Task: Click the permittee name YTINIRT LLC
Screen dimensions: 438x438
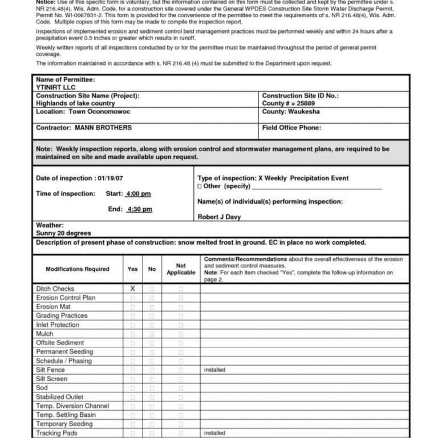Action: (55, 87)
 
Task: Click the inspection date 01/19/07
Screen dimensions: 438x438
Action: (112, 179)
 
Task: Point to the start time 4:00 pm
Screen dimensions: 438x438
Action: (139, 194)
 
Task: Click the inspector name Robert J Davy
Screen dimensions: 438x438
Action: (219, 217)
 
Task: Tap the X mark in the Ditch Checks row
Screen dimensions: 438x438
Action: (132, 289)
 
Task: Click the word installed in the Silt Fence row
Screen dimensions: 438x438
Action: (214, 370)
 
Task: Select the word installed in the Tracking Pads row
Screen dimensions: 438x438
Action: (214, 433)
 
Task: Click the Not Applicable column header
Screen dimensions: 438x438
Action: (181, 269)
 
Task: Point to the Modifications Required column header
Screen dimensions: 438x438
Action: (78, 269)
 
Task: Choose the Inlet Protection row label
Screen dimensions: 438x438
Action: (58, 325)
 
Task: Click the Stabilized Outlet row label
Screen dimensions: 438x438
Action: (59, 397)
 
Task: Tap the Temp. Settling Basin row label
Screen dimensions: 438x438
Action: (66, 415)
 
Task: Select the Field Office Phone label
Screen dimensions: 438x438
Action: (291, 128)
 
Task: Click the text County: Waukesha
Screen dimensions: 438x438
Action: (291, 112)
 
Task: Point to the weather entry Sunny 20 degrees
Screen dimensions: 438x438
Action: (63, 233)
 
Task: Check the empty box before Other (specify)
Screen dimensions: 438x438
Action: (200, 186)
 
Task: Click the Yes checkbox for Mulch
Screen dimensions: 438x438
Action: (132, 334)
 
